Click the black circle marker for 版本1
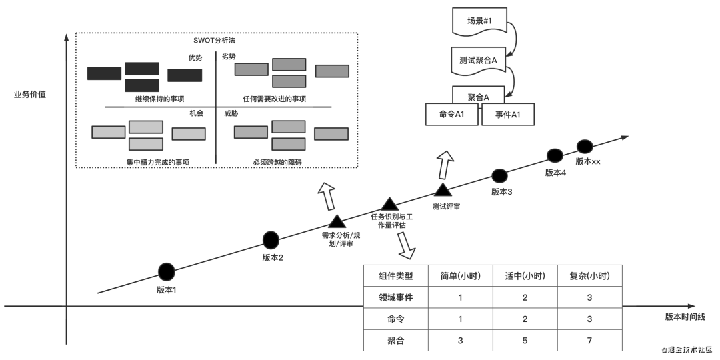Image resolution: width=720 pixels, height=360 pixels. (167, 271)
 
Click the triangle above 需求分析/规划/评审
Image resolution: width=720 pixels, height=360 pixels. (337, 221)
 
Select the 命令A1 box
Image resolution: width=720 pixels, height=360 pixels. (452, 115)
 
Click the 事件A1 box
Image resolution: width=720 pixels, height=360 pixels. (509, 115)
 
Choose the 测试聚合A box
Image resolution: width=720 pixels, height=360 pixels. (477, 60)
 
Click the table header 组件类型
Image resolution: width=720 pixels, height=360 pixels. (396, 276)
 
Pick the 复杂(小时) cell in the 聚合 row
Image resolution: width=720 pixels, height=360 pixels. (589, 341)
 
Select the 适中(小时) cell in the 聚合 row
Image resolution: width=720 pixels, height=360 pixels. (525, 341)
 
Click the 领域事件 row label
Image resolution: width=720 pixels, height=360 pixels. (396, 297)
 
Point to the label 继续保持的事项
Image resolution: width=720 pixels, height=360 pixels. (159, 99)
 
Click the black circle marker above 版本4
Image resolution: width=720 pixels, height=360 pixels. (555, 155)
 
